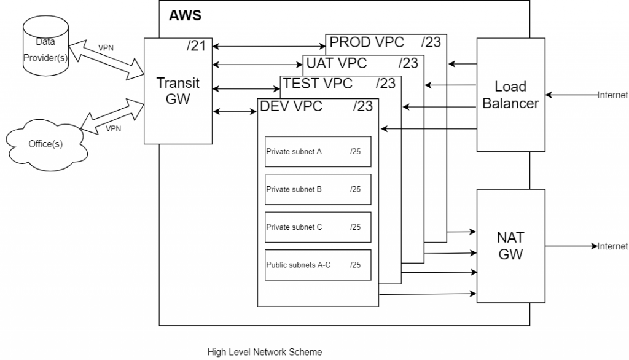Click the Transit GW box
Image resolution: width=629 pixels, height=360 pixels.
178,92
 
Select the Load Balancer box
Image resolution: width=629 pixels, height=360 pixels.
510,95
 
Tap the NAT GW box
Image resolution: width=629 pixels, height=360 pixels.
510,246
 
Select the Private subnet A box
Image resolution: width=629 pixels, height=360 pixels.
318,151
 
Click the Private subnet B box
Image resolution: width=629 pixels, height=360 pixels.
318,189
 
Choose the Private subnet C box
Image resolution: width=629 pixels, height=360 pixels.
318,227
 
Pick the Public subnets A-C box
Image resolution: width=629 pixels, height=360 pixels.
318,265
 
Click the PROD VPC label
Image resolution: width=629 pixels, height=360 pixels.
367,42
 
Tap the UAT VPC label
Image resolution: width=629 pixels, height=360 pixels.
336,63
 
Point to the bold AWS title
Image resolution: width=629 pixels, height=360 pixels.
185,15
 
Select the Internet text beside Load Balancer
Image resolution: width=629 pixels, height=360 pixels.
613,95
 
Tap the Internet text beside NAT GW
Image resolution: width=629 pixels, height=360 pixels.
613,246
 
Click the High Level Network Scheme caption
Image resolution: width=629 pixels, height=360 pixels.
264,352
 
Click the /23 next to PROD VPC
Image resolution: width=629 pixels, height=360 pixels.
432,42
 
